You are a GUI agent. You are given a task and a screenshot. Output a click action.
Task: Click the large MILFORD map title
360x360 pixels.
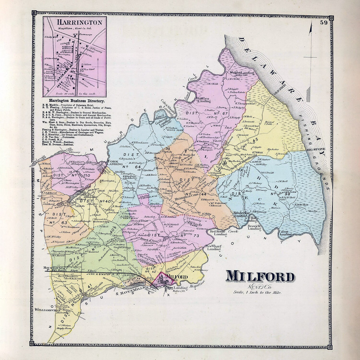coord(260,277)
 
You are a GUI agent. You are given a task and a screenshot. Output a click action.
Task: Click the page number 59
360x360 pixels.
coord(324,23)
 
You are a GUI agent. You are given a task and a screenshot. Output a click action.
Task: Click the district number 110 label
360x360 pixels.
coord(87,176)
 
